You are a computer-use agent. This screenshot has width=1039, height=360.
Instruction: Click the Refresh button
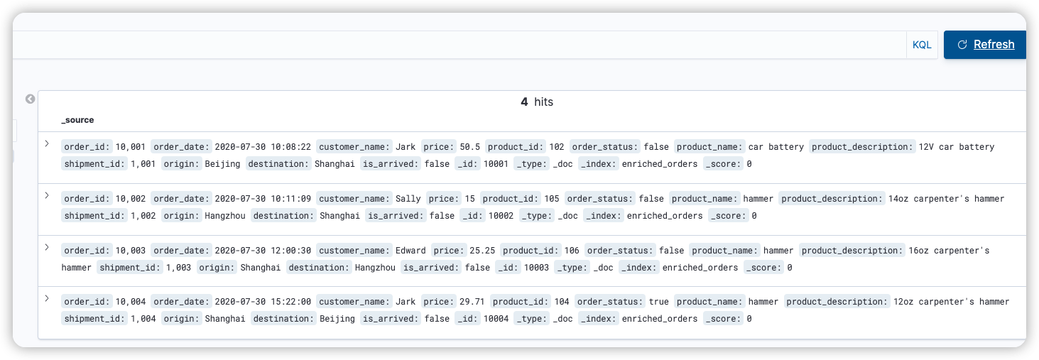pos(985,45)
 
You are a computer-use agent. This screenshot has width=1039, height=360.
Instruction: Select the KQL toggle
pos(922,45)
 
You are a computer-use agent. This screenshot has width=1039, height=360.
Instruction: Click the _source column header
pos(77,120)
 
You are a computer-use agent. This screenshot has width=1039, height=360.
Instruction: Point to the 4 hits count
pos(536,102)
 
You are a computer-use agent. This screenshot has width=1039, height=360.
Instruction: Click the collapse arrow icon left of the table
pos(30,99)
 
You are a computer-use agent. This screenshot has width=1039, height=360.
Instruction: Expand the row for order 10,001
pos(47,143)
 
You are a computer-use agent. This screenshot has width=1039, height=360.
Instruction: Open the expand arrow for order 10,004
pos(47,298)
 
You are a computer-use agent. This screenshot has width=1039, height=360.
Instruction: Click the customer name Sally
pos(408,199)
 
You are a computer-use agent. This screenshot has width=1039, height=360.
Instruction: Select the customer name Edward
pos(410,251)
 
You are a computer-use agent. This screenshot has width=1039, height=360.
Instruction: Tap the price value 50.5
pos(469,147)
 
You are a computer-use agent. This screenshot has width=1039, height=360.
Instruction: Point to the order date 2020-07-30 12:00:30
pos(263,251)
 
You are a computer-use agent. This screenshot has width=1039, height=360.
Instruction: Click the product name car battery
pos(776,147)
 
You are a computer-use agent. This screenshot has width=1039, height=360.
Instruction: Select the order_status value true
pos(658,302)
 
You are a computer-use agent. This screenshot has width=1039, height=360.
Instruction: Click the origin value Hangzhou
pos(225,216)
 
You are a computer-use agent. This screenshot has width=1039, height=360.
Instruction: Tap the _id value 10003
pos(536,268)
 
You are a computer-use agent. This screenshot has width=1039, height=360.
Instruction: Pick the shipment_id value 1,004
pos(143,319)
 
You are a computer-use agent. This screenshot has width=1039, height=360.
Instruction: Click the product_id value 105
pos(551,199)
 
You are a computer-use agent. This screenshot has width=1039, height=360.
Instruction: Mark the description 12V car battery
pos(956,147)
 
